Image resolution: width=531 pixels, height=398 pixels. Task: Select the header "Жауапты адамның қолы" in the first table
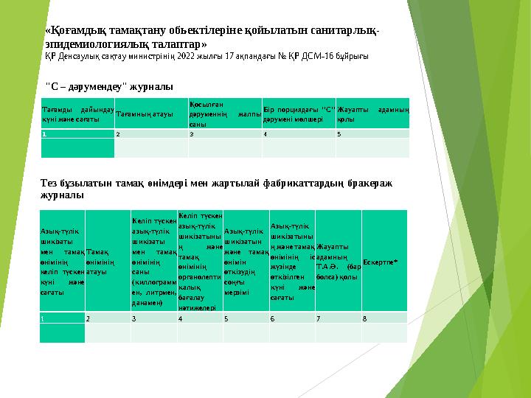point(372,115)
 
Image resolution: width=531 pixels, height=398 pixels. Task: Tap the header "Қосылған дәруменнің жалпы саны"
point(225,114)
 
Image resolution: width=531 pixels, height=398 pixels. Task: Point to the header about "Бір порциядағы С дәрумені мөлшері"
point(299,115)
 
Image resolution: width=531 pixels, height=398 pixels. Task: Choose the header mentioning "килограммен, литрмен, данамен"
point(153,261)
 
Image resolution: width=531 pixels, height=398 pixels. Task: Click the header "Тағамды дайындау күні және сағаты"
point(77,115)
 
